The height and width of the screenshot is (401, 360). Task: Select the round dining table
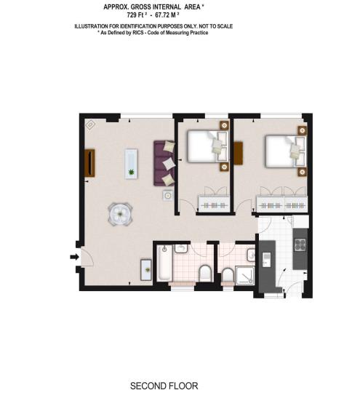119,213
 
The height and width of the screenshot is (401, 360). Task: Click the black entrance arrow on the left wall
73,257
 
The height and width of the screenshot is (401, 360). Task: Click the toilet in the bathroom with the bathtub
206,273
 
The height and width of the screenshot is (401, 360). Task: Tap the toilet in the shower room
227,274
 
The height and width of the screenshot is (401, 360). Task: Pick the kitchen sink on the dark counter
265,260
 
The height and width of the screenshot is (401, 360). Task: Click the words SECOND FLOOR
164,386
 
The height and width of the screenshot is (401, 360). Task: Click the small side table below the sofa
167,195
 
